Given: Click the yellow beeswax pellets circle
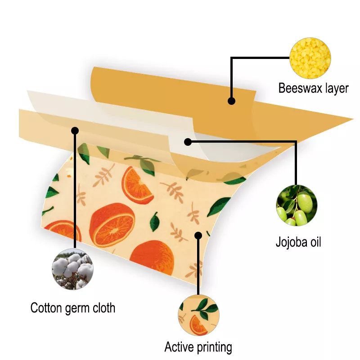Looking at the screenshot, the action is tap(310, 58).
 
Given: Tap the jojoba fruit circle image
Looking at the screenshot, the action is tap(297, 205).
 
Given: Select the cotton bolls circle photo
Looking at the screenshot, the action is tap(73, 269).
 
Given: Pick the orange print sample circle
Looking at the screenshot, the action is tap(198, 315).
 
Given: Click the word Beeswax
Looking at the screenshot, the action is tap(299, 88).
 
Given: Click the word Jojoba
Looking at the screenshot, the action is tap(291, 243).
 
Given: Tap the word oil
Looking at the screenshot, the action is tap(315, 242).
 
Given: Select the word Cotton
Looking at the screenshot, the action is tap(46, 308).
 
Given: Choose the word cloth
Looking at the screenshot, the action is tap(104, 308).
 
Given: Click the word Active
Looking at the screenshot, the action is tap(179, 346).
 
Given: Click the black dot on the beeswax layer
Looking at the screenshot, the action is tap(231, 101).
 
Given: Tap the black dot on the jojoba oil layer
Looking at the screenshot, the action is tap(188, 142).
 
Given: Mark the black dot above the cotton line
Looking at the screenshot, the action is tap(75, 130).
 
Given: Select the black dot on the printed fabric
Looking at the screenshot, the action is tap(198, 235).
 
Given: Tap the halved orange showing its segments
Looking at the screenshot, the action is tap(112, 225).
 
